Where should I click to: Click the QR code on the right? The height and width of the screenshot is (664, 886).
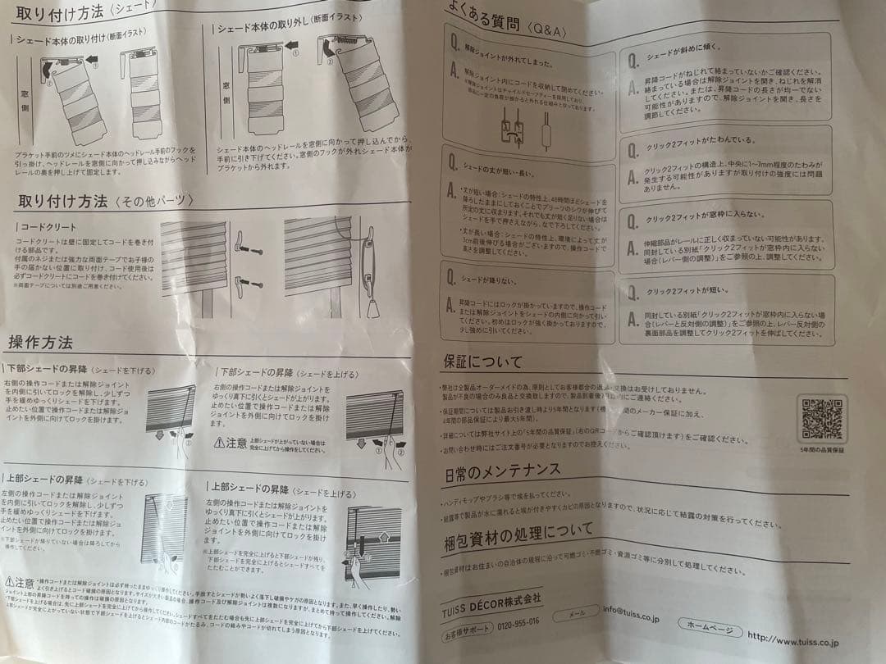point(823,419)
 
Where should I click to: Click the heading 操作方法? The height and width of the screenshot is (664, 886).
point(40,342)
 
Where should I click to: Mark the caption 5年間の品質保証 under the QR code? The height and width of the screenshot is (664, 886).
point(822,450)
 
